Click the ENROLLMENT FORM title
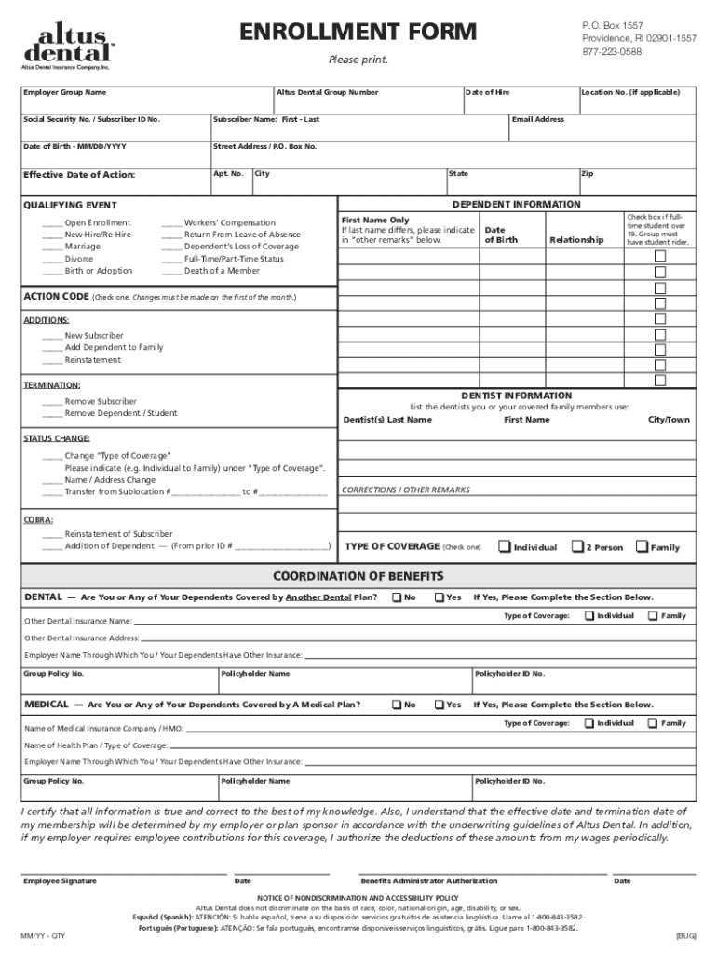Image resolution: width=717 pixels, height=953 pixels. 358,34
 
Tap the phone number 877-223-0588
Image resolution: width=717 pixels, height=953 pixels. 612,51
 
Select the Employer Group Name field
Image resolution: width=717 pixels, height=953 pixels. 144,103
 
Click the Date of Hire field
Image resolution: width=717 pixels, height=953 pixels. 519,103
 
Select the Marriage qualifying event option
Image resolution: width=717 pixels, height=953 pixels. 52,247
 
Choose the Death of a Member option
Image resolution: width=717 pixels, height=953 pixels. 171,271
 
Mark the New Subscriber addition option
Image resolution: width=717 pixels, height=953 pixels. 52,335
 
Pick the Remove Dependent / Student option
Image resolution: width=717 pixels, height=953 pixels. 52,413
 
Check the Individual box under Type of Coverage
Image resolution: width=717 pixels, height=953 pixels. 505,546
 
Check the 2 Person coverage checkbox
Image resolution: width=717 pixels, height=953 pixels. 577,546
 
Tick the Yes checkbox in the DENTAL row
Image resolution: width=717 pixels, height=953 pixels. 440,597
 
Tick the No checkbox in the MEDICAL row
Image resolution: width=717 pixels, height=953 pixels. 398,705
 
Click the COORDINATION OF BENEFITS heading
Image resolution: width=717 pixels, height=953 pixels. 358,575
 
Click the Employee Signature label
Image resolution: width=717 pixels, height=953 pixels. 60,881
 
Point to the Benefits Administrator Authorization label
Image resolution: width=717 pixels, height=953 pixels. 428,881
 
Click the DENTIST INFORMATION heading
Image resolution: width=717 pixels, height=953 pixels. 517,396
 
